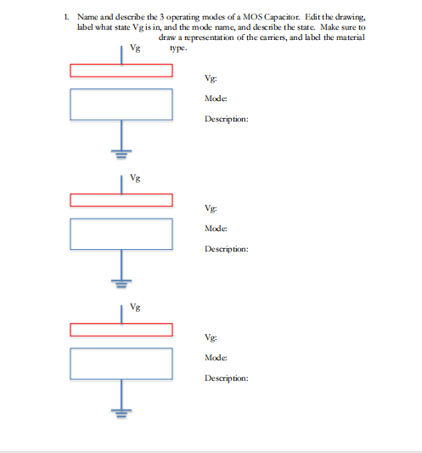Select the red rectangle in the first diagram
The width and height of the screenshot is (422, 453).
point(121,70)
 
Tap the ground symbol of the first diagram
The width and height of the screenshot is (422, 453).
point(121,155)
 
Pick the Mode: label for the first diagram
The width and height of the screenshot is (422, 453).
point(215,99)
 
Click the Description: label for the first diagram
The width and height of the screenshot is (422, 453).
point(226,120)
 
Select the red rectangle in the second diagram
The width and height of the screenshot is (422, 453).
point(121,200)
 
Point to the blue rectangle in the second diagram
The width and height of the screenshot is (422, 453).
point(121,234)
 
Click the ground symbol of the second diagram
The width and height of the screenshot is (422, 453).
point(121,283)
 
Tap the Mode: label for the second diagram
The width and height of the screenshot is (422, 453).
point(215,229)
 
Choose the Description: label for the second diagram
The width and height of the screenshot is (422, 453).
point(226,249)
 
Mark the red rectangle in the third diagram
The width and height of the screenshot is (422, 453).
point(121,329)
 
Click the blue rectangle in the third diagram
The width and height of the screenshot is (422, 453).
point(121,363)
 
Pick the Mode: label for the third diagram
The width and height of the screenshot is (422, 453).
point(215,358)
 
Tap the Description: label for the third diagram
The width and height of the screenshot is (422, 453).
point(226,378)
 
